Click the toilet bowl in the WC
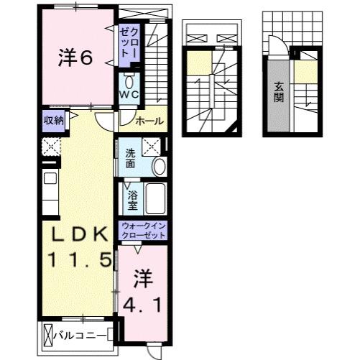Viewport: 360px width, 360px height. (x=130, y=81)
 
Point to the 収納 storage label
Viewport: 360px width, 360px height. (x=54, y=120)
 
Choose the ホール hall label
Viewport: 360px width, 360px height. (x=149, y=121)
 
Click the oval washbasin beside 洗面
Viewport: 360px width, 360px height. (x=160, y=165)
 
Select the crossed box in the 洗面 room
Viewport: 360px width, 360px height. (x=152, y=145)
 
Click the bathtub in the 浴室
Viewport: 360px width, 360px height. (x=156, y=197)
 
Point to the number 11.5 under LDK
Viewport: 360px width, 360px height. (x=79, y=260)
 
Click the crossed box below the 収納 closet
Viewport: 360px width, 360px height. (x=51, y=147)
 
